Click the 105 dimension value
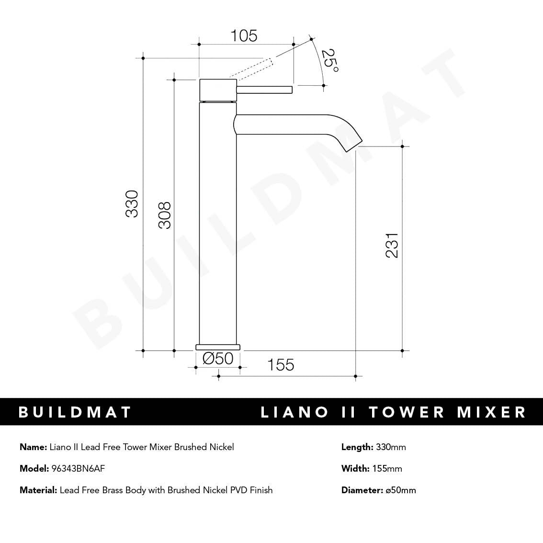click(244, 36)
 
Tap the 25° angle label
click(329, 61)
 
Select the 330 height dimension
click(132, 204)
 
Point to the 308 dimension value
click(164, 215)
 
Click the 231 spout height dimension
click(392, 245)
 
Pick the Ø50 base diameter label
click(218, 358)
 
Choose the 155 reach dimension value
click(281, 365)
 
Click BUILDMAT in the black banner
click(75, 412)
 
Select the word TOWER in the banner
click(407, 412)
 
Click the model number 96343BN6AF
click(78, 468)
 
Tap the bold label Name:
click(34, 447)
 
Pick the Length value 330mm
click(391, 447)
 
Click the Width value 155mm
click(387, 468)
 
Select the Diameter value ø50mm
click(401, 490)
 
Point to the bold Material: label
click(38, 490)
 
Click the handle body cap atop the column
click(218, 90)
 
